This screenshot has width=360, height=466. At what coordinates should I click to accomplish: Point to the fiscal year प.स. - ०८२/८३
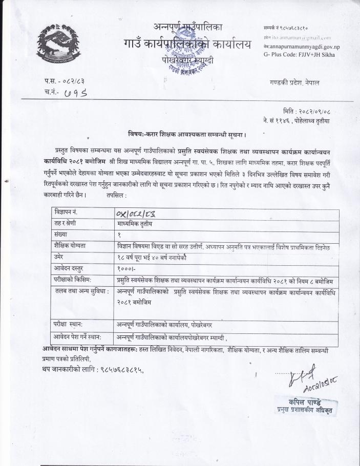pos(65,81)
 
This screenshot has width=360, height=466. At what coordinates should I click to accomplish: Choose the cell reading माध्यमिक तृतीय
pos(135,223)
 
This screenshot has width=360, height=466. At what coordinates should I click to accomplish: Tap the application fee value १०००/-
pos(126,267)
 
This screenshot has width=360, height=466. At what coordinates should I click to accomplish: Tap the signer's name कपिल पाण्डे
pos(304,400)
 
